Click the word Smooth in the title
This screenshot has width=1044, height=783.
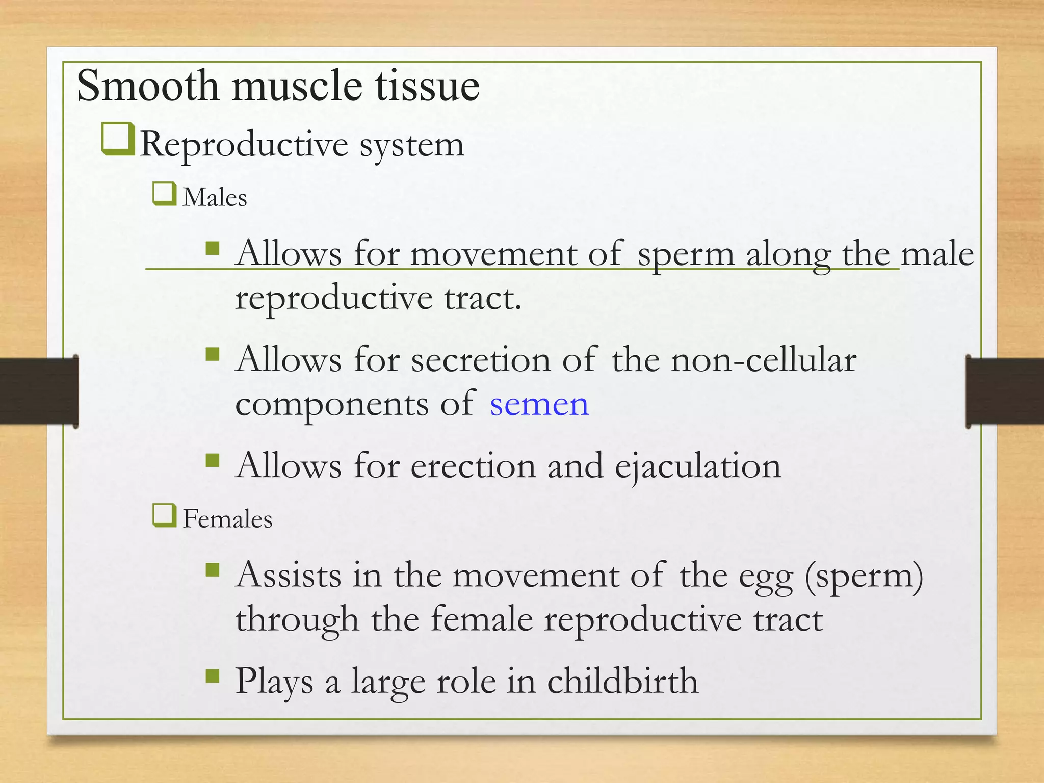[148, 86]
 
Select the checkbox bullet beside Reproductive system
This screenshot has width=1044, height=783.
[118, 139]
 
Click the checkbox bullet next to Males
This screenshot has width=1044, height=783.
[164, 194]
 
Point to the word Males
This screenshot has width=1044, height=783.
[215, 198]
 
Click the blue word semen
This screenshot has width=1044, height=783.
[539, 405]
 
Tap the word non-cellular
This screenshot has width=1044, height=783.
[764, 360]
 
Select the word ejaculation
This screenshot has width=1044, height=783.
[697, 466]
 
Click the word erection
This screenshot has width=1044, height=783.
[473, 466]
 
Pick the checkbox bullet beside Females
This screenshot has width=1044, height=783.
[164, 515]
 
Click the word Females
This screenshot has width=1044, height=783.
[227, 519]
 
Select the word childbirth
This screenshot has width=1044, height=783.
[622, 682]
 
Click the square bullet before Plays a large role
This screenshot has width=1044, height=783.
[212, 676]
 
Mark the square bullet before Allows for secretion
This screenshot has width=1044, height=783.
[212, 354]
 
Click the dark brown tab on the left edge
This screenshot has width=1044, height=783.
[39, 391]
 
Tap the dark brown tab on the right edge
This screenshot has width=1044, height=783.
[1004, 391]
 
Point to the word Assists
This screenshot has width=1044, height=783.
[289, 576]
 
